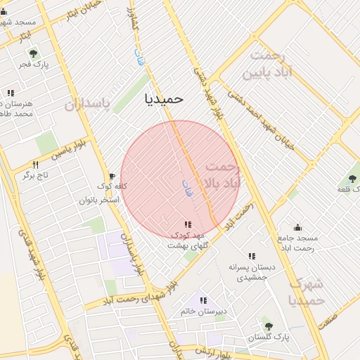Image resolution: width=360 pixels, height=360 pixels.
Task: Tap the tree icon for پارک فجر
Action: [32, 53]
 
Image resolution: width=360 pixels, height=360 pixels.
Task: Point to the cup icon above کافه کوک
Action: [111, 176]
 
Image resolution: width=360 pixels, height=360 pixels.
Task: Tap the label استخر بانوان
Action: [99, 200]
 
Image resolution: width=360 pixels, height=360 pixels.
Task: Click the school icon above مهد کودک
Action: [187, 224]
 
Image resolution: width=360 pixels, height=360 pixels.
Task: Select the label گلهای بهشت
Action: [186, 245]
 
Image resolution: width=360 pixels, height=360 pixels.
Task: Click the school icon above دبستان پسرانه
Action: [252, 256]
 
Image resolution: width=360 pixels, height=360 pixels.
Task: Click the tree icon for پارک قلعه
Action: [352, 179]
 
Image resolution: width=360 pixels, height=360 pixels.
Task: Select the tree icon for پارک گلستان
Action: [268, 326]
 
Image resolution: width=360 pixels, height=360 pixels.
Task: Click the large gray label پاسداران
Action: [87, 105]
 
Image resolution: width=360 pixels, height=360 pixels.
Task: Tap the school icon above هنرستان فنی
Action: [10, 93]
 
